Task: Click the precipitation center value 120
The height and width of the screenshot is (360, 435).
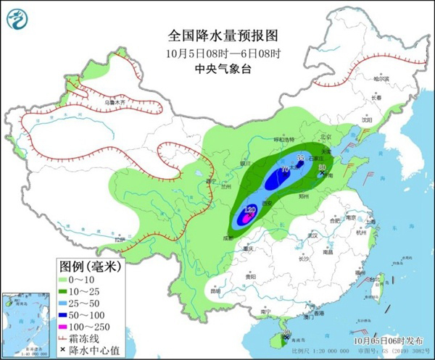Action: tap(250, 210)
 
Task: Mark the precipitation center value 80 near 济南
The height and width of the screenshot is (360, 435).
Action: tap(323, 167)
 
